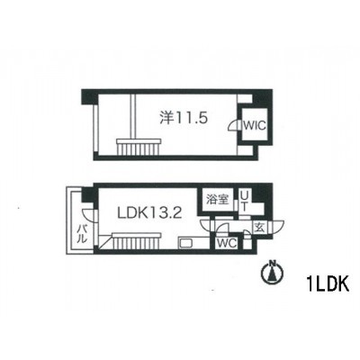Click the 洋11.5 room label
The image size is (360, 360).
click(184, 118)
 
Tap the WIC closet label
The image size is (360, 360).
click(255, 125)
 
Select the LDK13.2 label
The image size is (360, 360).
click(149, 213)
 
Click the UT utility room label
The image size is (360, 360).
click(245, 202)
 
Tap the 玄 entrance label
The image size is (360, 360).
click(259, 228)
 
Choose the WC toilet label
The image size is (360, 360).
click(227, 243)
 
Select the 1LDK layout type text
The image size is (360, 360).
click(328, 283)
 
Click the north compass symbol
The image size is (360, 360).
click(273, 273)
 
